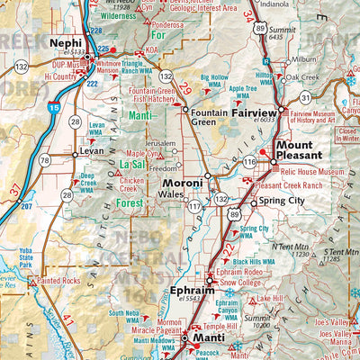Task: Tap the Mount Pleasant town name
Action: (294, 150)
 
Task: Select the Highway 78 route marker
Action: (44, 160)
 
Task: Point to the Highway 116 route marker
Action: (248, 161)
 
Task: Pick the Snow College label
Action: (238, 281)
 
